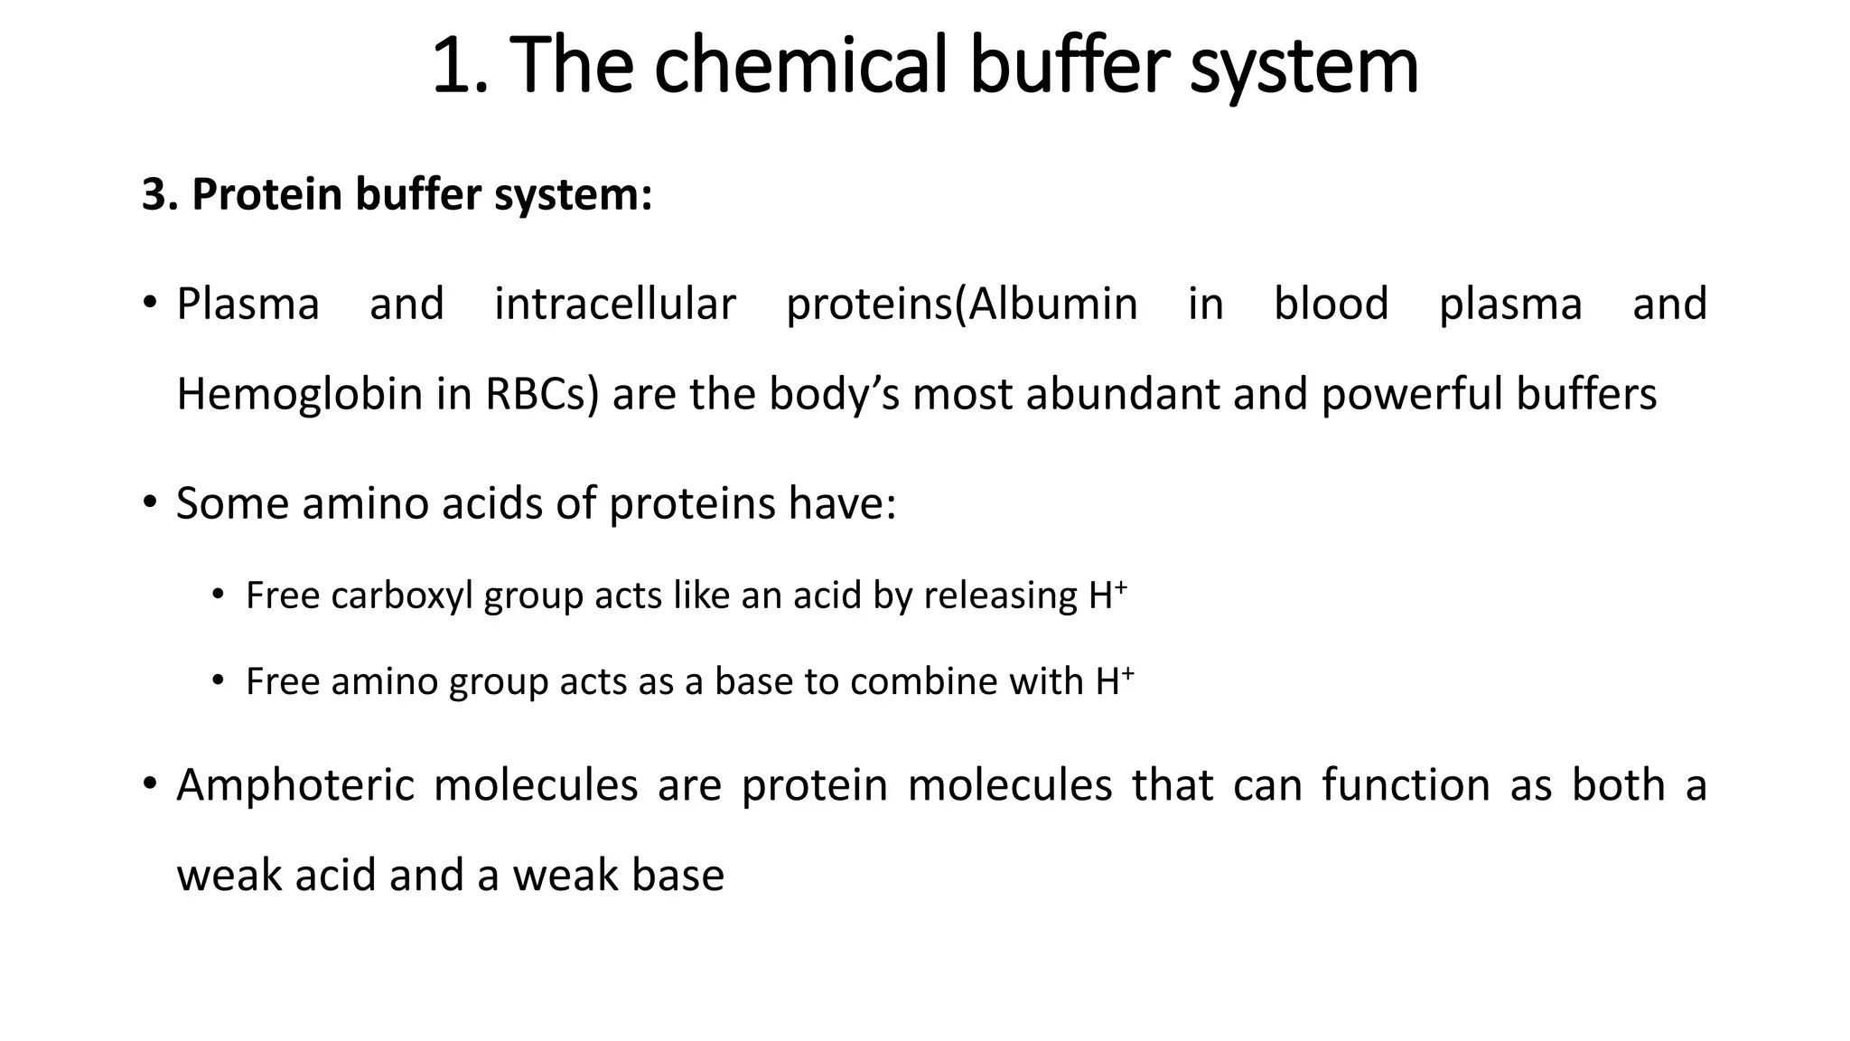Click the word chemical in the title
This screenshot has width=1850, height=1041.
799,65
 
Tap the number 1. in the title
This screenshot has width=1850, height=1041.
460,65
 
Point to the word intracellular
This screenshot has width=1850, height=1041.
614,304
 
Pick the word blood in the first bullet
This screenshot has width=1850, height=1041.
1331,304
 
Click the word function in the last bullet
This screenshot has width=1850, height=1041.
1406,784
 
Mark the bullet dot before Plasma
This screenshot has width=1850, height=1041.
150,302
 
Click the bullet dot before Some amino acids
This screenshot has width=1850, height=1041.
150,502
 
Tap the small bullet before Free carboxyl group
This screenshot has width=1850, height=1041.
218,594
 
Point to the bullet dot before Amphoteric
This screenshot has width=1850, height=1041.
150,783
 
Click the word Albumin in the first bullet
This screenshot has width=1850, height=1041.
1053,304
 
